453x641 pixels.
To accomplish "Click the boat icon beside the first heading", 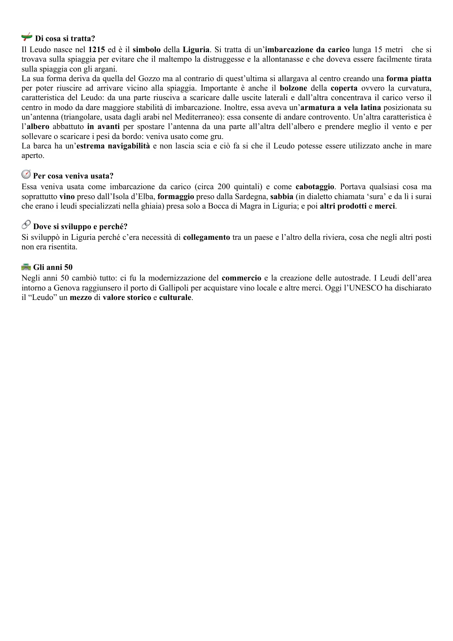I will pyautogui.click(x=27, y=37).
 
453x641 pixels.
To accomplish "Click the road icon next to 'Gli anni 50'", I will pyautogui.click(x=26, y=267).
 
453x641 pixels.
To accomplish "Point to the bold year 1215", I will pyautogui.click(x=97, y=49).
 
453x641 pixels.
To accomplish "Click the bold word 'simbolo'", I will pyautogui.click(x=146, y=49).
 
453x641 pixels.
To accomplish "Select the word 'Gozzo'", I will pyautogui.click(x=122, y=79).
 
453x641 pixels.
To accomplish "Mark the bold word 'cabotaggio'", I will pyautogui.click(x=315, y=187).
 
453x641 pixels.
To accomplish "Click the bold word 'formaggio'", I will pyautogui.click(x=175, y=197).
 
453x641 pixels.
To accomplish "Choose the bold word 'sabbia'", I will pyautogui.click(x=282, y=197).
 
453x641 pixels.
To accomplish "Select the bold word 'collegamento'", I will pyautogui.click(x=206, y=238).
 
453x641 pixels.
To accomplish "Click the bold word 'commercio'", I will pyautogui.click(x=241, y=278).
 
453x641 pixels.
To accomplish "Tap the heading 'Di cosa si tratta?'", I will pyautogui.click(x=65, y=38).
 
